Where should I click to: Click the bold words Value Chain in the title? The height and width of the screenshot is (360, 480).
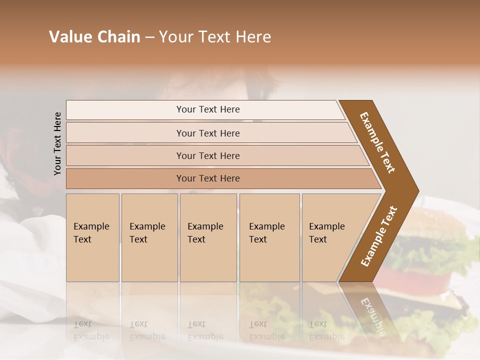tap(94, 37)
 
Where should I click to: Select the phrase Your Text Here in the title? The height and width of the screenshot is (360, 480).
tap(215, 37)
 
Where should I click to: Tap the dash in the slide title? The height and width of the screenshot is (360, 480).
tap(149, 37)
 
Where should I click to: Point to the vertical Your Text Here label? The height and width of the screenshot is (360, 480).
tap(57, 143)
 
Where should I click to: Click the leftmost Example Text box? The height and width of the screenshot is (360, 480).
tap(92, 237)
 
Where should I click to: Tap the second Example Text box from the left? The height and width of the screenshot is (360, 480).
tap(149, 237)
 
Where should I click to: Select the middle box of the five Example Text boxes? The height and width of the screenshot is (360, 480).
tap(208, 237)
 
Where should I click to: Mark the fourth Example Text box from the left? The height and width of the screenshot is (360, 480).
tap(269, 237)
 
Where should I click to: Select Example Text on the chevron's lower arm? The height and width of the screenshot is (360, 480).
tap(379, 236)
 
